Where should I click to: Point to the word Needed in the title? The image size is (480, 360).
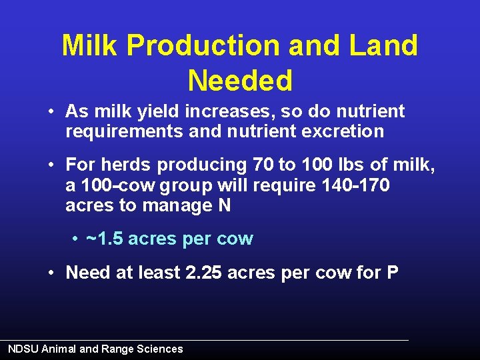pyautogui.click(x=240, y=81)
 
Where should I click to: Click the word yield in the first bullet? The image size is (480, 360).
pyautogui.click(x=150, y=111)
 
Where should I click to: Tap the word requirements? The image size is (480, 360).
pyautogui.click(x=124, y=131)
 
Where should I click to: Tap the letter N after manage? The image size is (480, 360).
pyautogui.click(x=224, y=205)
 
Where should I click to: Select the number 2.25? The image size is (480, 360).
pyautogui.click(x=203, y=273)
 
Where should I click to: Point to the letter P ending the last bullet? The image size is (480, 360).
pyautogui.click(x=392, y=273)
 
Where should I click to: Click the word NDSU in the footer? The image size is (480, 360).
pyautogui.click(x=23, y=349)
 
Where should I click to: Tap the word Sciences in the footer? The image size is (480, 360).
pyautogui.click(x=158, y=349)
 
